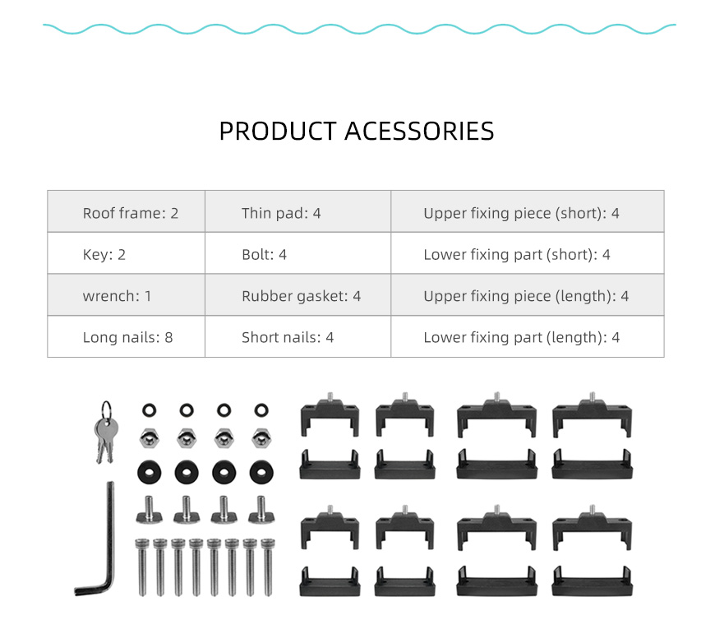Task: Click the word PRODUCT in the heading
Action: [x=278, y=132]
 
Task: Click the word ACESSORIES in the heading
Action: [x=419, y=132]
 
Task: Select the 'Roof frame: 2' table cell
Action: [x=127, y=211]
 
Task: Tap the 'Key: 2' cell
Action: [x=127, y=252]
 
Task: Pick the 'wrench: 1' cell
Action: [x=127, y=294]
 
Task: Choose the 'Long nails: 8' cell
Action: [x=127, y=336]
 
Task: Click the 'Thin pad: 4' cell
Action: [x=298, y=211]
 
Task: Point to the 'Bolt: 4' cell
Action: [x=298, y=252]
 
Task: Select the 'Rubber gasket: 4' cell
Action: [x=298, y=294]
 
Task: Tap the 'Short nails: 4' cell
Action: [x=298, y=336]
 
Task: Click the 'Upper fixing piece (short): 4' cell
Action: [x=528, y=211]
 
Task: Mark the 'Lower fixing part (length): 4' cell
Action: [x=528, y=336]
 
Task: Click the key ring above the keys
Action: [x=106, y=409]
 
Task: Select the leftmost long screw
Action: [x=142, y=567]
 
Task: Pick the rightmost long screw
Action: [x=268, y=567]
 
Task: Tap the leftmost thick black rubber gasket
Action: [x=149, y=472]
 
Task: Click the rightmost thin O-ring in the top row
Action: [x=261, y=409]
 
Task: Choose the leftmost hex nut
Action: [x=149, y=438]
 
